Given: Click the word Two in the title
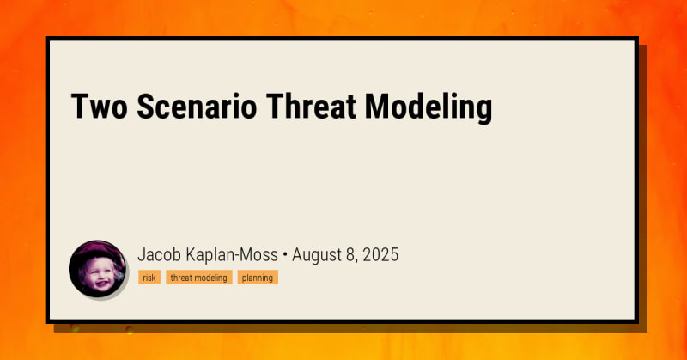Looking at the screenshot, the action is coord(99,107).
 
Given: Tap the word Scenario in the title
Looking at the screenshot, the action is coord(197,107).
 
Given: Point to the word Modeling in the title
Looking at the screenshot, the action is coord(429,109).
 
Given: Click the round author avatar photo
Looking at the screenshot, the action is coord(97,269).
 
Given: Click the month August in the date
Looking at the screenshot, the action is coord(318,256).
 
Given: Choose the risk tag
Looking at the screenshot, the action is coord(149,278).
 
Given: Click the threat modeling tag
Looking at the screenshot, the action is coord(199,278).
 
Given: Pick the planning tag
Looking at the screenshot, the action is coord(258,278).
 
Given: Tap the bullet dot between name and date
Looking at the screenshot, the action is coord(285,255).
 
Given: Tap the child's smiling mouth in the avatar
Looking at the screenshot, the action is coord(100,283).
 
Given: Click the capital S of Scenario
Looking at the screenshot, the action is coord(146,107).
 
